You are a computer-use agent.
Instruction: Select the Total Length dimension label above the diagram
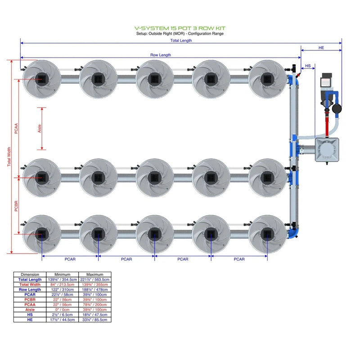(181, 40)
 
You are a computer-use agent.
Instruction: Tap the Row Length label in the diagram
(161, 55)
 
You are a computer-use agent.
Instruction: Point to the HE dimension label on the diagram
(321, 47)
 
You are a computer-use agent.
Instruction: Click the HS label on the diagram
(308, 66)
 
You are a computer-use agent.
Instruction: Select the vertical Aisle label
(40, 129)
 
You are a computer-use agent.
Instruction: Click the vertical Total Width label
(9, 157)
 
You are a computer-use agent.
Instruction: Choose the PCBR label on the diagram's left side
(16, 206)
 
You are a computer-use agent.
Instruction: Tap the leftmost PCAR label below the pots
(70, 259)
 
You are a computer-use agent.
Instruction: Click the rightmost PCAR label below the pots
(239, 259)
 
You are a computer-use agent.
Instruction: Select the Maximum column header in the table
(95, 274)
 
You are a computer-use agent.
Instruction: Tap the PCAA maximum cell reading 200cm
(95, 305)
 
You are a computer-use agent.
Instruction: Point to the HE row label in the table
(30, 320)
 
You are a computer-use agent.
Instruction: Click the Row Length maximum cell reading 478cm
(95, 290)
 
